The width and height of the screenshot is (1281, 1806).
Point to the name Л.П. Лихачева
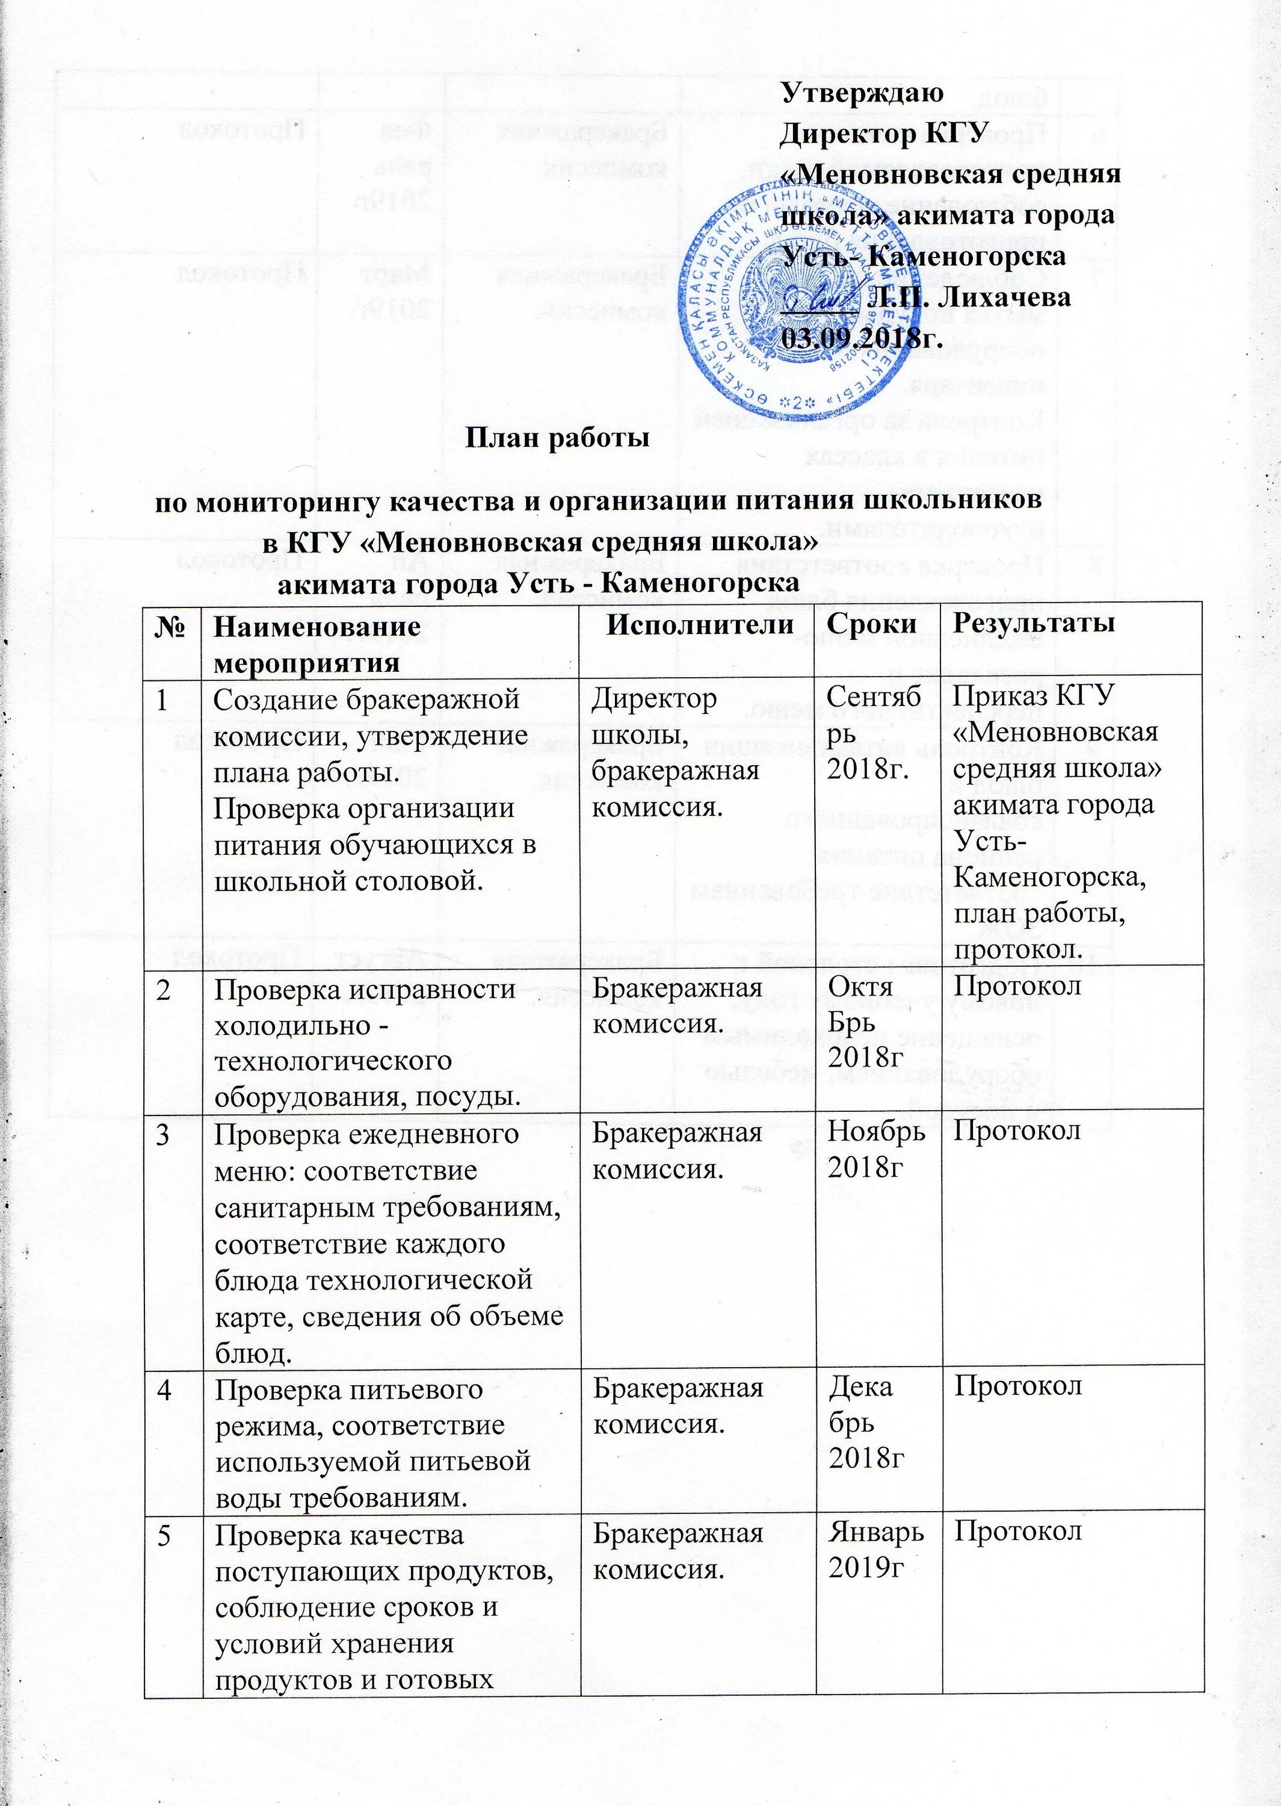[x=969, y=297]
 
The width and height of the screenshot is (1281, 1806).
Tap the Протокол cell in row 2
[x=1017, y=987]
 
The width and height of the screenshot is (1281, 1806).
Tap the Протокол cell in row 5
[x=1017, y=1531]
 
